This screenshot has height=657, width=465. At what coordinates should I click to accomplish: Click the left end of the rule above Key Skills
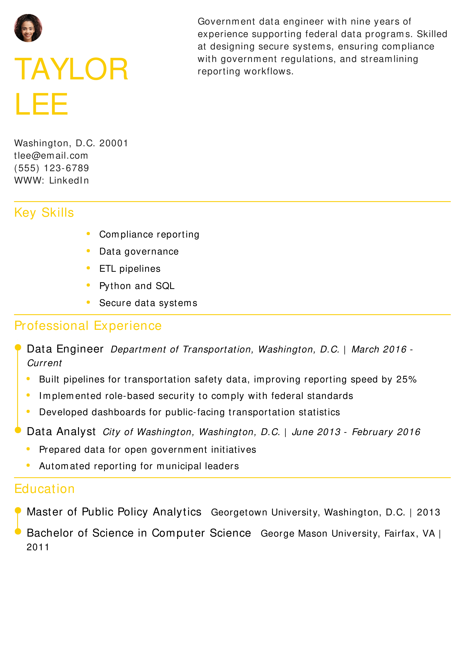14,202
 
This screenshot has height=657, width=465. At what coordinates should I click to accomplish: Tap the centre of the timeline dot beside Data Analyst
18,430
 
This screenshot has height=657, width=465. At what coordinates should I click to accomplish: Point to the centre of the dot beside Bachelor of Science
18,531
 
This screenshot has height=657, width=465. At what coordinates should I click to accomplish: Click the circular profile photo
28,28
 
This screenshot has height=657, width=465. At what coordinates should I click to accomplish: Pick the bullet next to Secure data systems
88,302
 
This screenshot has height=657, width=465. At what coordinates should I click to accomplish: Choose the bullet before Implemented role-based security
28,395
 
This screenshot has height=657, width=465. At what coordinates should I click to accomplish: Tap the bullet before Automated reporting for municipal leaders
28,465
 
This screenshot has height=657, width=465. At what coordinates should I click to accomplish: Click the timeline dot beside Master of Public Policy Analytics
18,510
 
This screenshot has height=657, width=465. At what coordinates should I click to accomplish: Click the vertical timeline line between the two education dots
18,521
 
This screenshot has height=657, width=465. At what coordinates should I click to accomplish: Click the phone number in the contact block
52,168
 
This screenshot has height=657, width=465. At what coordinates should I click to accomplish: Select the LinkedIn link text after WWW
69,180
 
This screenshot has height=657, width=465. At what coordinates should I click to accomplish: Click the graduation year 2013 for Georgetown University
428,512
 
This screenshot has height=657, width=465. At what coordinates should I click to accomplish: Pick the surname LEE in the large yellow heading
41,104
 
